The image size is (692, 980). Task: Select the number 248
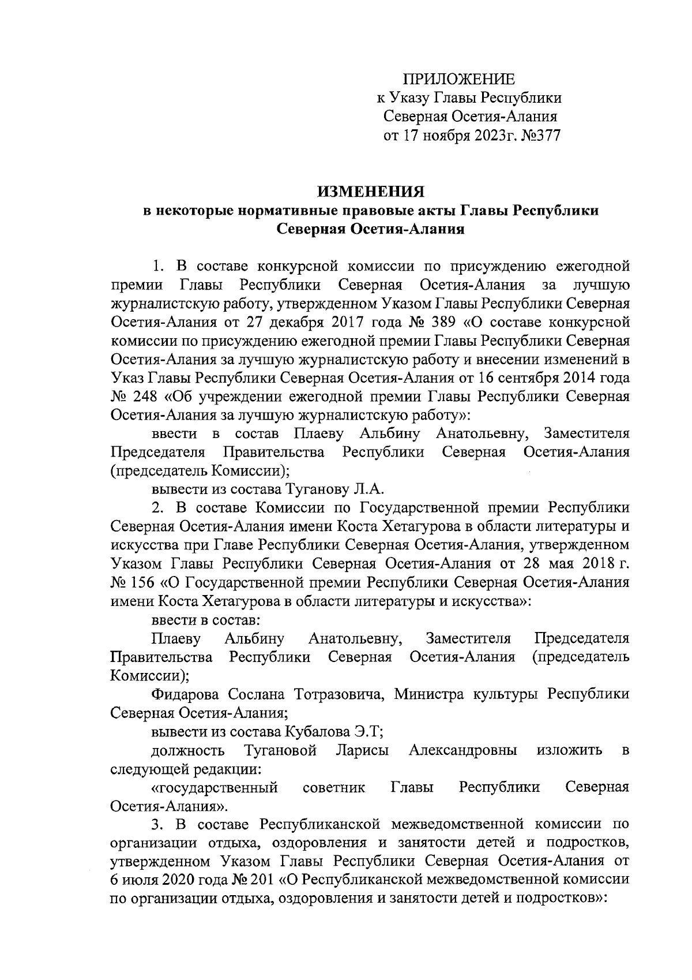144,397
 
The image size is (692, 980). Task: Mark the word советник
334,787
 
